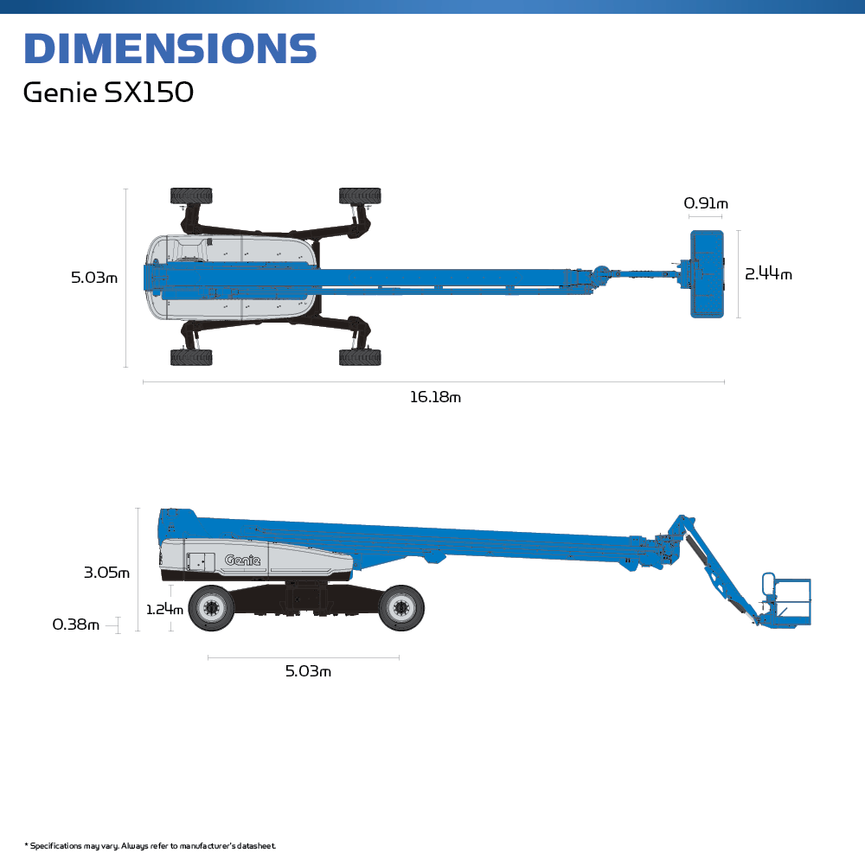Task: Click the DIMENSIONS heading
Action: (170, 48)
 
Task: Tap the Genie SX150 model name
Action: (108, 93)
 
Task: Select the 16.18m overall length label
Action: (435, 397)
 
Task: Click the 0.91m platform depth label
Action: (706, 203)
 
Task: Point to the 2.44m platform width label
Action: (768, 273)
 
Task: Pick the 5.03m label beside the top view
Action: (94, 278)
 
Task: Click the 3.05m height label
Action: (106, 573)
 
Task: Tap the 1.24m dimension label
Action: (164, 609)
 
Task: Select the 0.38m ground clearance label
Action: (76, 625)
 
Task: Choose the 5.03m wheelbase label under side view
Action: (308, 671)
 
